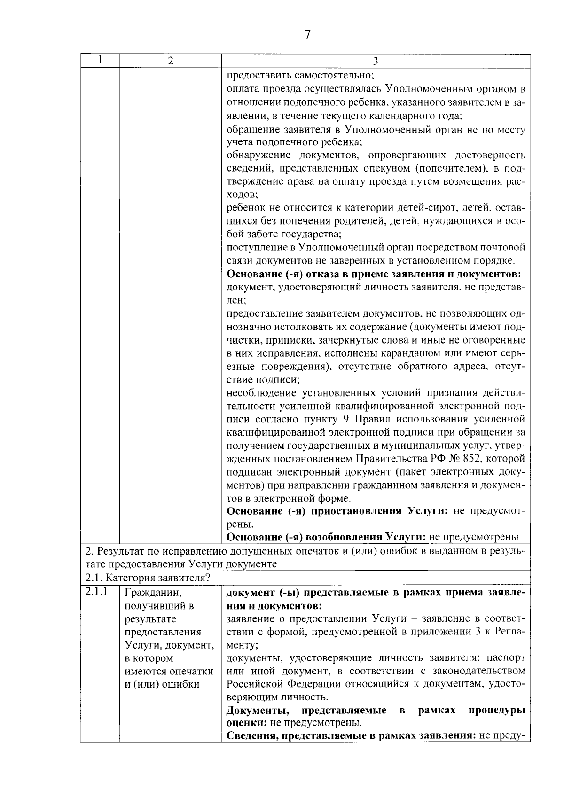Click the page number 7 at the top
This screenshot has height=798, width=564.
click(307, 34)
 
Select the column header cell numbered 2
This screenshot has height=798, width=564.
click(170, 61)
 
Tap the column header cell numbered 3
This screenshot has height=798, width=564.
click(376, 61)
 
